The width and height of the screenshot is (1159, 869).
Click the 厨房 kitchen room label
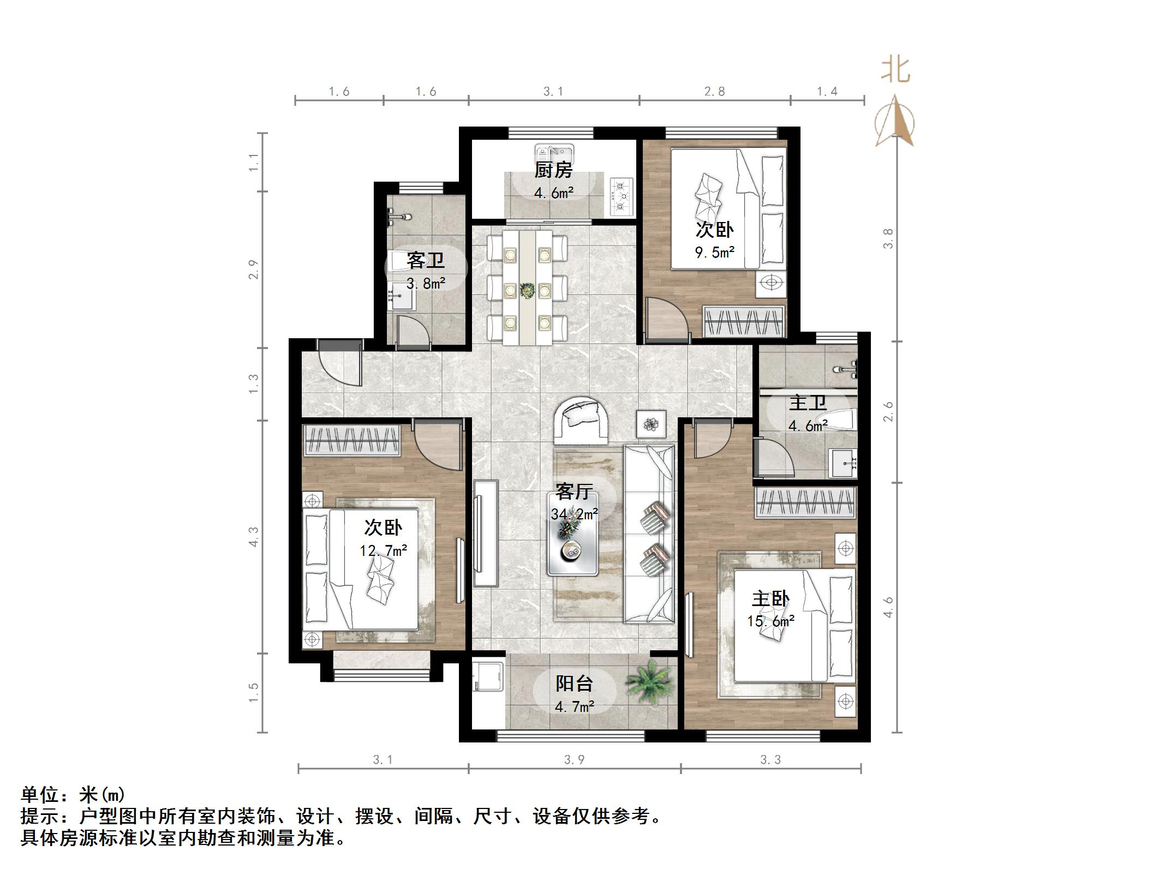[553, 170]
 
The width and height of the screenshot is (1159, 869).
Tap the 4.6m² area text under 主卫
[808, 426]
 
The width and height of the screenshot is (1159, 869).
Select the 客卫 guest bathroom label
[425, 260]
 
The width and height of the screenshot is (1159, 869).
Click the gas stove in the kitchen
[622, 195]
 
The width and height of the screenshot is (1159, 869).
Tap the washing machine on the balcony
[487, 676]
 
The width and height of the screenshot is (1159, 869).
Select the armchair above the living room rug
[582, 421]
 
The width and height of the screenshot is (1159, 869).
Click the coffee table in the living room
[573, 534]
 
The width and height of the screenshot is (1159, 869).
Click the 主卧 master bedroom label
[770, 599]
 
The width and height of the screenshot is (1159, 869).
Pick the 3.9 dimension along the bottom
[574, 760]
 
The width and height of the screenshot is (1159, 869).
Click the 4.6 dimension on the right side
[888, 607]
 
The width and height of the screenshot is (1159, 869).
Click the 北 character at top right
[895, 71]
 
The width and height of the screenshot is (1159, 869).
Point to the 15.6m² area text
[770, 621]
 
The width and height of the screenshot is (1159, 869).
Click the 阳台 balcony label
[574, 684]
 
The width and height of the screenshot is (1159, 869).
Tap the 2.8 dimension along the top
[714, 92]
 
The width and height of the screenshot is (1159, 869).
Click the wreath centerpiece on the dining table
[527, 290]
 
